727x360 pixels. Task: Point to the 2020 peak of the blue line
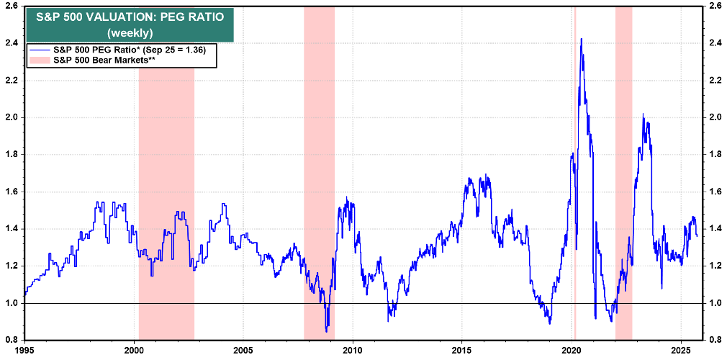pyautogui.click(x=581, y=39)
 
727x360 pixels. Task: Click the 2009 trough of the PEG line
pyautogui.click(x=327, y=330)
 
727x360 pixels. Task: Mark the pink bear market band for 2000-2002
pyautogui.click(x=166, y=216)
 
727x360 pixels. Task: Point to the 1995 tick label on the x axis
pyautogui.click(x=24, y=350)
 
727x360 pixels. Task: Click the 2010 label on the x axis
pyautogui.click(x=352, y=350)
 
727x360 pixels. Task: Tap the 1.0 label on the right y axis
pyautogui.click(x=715, y=303)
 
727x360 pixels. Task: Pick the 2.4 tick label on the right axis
pyautogui.click(x=715, y=43)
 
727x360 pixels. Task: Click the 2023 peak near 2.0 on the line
pyautogui.click(x=643, y=115)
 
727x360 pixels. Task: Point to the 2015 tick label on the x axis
pyautogui.click(x=461, y=350)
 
